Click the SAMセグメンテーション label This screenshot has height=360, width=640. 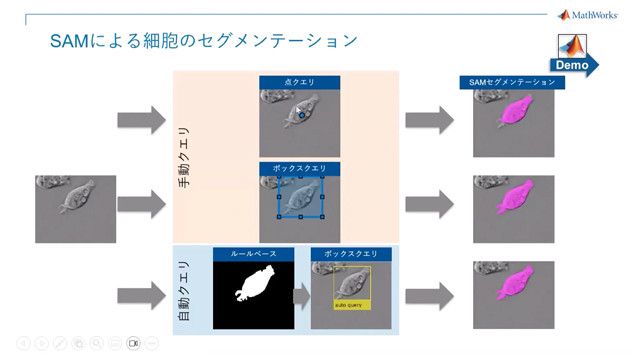click(512, 83)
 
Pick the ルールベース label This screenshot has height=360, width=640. click(253, 254)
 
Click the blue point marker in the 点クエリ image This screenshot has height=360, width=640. click(300, 116)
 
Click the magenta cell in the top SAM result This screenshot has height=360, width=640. click(520, 109)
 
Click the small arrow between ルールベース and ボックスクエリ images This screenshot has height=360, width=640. click(300, 295)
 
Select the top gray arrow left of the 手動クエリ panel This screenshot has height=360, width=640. click(141, 121)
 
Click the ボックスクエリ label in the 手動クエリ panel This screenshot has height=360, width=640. click(299, 168)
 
